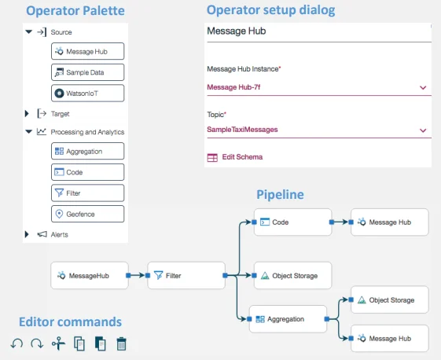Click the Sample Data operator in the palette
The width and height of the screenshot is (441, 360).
pyautogui.click(x=87, y=72)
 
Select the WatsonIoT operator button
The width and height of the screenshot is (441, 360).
pyautogui.click(x=87, y=93)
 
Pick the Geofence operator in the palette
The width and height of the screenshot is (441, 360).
pyautogui.click(x=87, y=214)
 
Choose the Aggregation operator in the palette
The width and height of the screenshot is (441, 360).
pyautogui.click(x=87, y=151)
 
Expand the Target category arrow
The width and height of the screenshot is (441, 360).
pyautogui.click(x=27, y=114)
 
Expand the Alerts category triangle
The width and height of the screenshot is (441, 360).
pyautogui.click(x=27, y=234)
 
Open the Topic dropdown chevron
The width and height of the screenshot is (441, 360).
pyautogui.click(x=423, y=130)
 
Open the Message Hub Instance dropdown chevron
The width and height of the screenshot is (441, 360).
pyautogui.click(x=423, y=88)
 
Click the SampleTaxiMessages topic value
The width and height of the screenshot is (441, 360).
pyautogui.click(x=242, y=130)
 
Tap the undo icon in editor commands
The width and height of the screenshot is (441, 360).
pyautogui.click(x=17, y=343)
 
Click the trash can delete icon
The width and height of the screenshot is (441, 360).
pyautogui.click(x=121, y=343)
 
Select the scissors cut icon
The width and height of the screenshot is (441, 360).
pyautogui.click(x=58, y=343)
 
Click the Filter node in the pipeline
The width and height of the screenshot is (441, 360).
pyautogui.click(x=186, y=275)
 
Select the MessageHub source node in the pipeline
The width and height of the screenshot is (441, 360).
pyautogui.click(x=90, y=275)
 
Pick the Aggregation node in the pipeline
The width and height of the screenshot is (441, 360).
pyautogui.click(x=288, y=319)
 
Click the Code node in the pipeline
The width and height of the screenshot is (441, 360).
pyautogui.click(x=292, y=222)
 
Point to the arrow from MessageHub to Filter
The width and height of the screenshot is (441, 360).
pyautogui.click(x=138, y=275)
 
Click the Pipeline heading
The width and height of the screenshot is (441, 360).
pyautogui.click(x=280, y=195)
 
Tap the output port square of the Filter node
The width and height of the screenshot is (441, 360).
pyautogui.click(x=225, y=275)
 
